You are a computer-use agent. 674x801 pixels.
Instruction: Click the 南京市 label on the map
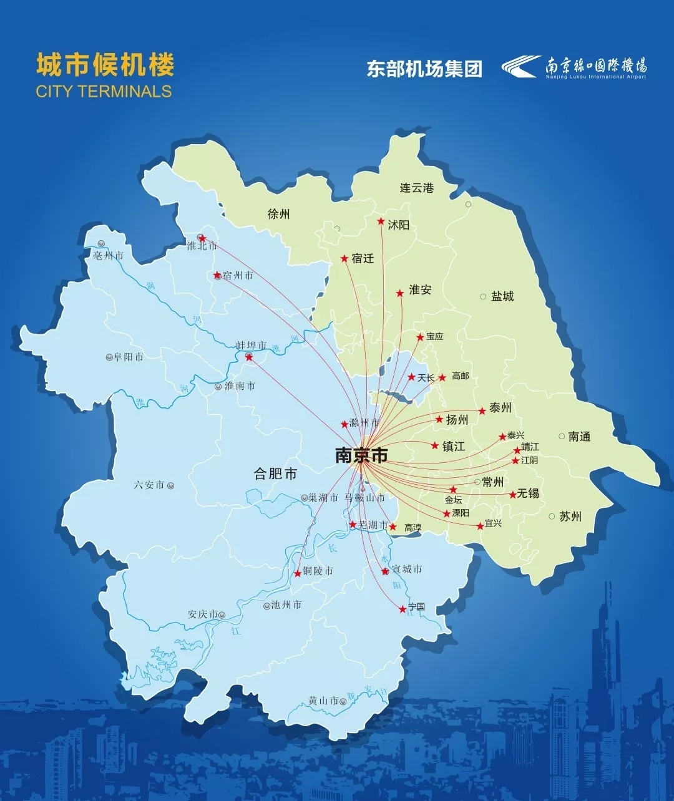tap(361, 455)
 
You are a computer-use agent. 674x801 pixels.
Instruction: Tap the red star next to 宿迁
tap(344, 258)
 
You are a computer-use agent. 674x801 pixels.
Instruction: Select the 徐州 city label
tap(278, 214)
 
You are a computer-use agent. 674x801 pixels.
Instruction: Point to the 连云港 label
tap(417, 187)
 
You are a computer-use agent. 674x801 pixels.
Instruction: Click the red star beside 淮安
tap(400, 293)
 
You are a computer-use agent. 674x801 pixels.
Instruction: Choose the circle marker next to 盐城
tap(483, 296)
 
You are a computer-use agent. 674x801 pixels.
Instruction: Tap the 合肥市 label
tap(275, 474)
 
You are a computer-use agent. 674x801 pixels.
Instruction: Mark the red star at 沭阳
tap(381, 221)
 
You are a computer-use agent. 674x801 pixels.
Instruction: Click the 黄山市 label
tap(323, 701)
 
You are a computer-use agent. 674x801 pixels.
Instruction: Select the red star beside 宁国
tap(403, 609)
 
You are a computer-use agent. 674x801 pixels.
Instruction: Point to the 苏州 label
tap(570, 516)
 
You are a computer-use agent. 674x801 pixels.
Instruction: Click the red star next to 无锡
tap(513, 495)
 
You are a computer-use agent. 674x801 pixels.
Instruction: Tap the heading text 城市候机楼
tap(105, 65)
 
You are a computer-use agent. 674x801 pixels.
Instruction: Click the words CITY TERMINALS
tap(104, 91)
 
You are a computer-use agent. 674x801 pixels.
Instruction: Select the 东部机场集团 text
tap(424, 69)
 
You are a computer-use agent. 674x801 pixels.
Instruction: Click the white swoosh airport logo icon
tap(521, 66)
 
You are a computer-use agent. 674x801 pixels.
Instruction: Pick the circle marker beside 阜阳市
tap(109, 357)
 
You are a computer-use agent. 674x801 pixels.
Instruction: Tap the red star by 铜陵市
tap(298, 573)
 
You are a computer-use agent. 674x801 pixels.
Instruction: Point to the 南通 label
tap(579, 437)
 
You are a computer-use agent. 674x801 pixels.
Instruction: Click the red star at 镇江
tap(435, 445)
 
